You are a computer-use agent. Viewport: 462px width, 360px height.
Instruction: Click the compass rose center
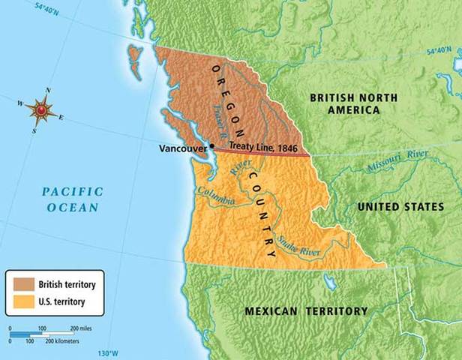click(42, 111)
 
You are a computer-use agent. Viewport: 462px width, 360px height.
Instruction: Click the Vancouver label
click(183, 148)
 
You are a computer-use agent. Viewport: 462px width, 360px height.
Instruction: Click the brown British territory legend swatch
click(21, 285)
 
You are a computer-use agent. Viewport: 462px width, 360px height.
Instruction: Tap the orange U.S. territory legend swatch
click(21, 301)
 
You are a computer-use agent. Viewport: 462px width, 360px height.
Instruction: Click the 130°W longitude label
click(109, 353)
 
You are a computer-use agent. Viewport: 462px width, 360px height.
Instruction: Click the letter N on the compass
click(49, 91)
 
